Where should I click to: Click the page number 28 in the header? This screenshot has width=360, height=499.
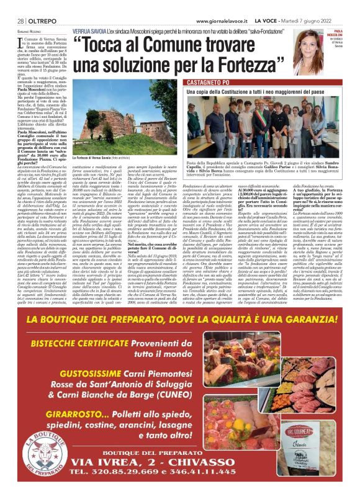(x=12, y=20)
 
